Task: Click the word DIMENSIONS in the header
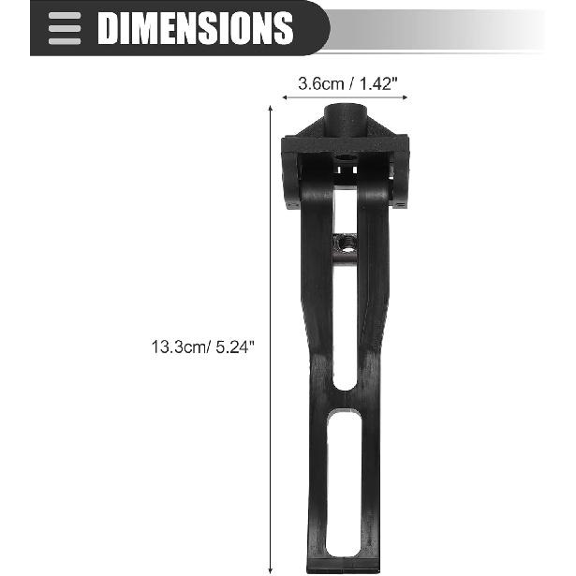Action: click(x=195, y=28)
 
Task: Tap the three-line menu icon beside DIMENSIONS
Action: click(x=65, y=28)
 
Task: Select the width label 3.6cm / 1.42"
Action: click(x=347, y=84)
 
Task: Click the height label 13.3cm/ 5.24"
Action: click(x=202, y=347)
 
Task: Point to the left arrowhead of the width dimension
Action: click(x=284, y=97)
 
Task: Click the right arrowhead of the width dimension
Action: click(x=406, y=97)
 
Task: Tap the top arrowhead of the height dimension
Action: click(x=271, y=108)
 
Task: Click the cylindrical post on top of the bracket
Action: click(x=346, y=120)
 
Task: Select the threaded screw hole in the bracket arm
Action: click(x=345, y=244)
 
